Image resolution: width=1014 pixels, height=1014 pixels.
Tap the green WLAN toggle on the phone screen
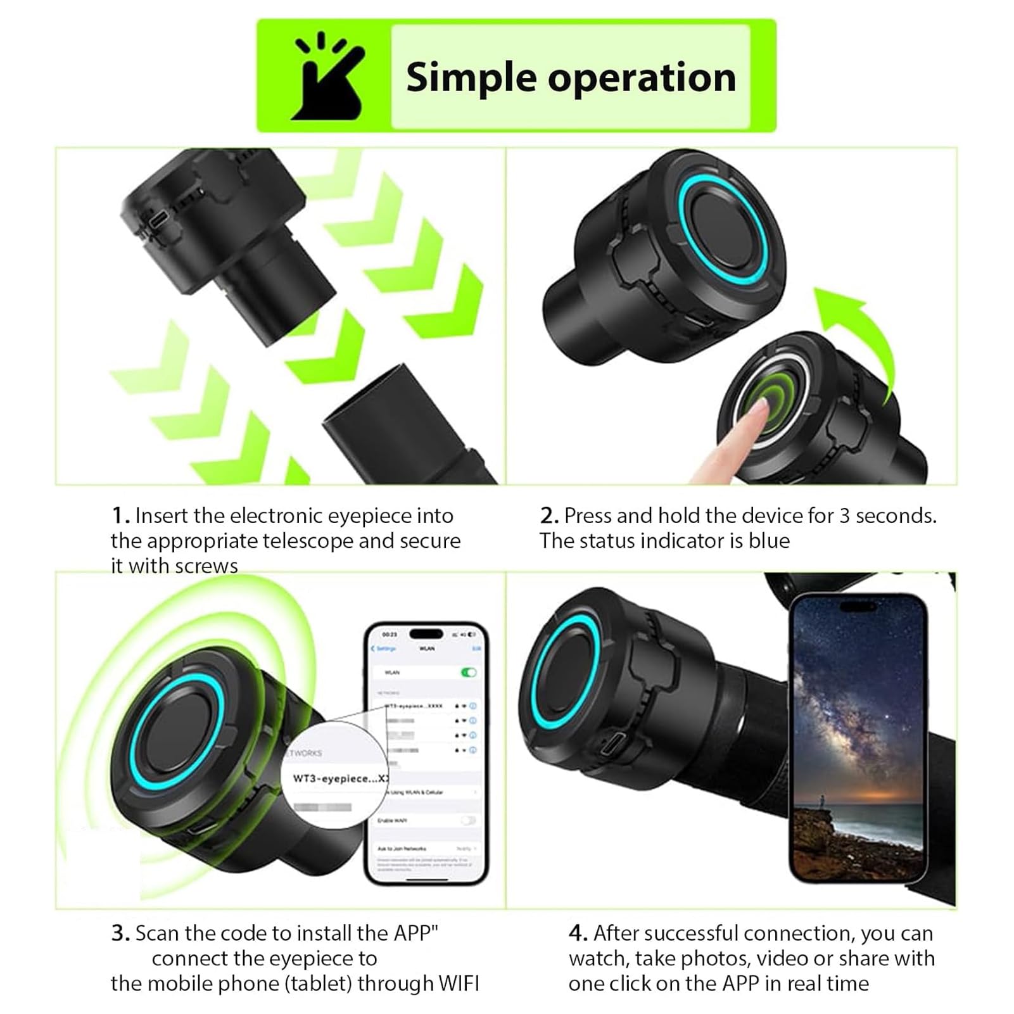[x=469, y=672]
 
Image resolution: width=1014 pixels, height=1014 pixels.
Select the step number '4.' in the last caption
[x=578, y=934]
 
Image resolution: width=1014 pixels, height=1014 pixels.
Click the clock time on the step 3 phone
[x=390, y=634]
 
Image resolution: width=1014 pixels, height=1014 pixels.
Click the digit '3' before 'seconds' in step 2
[x=844, y=516]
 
